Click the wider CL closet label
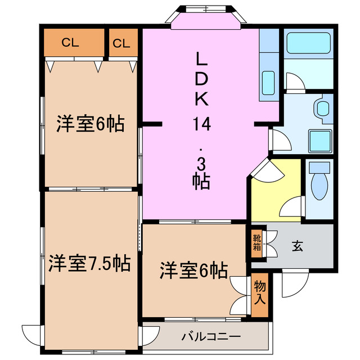70,42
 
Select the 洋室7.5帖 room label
89,262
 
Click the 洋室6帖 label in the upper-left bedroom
90,124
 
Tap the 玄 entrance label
298,245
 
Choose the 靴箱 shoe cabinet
256,242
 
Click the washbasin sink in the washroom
321,107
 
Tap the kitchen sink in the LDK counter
268,83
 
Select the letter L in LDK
201,59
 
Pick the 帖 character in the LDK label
201,181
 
